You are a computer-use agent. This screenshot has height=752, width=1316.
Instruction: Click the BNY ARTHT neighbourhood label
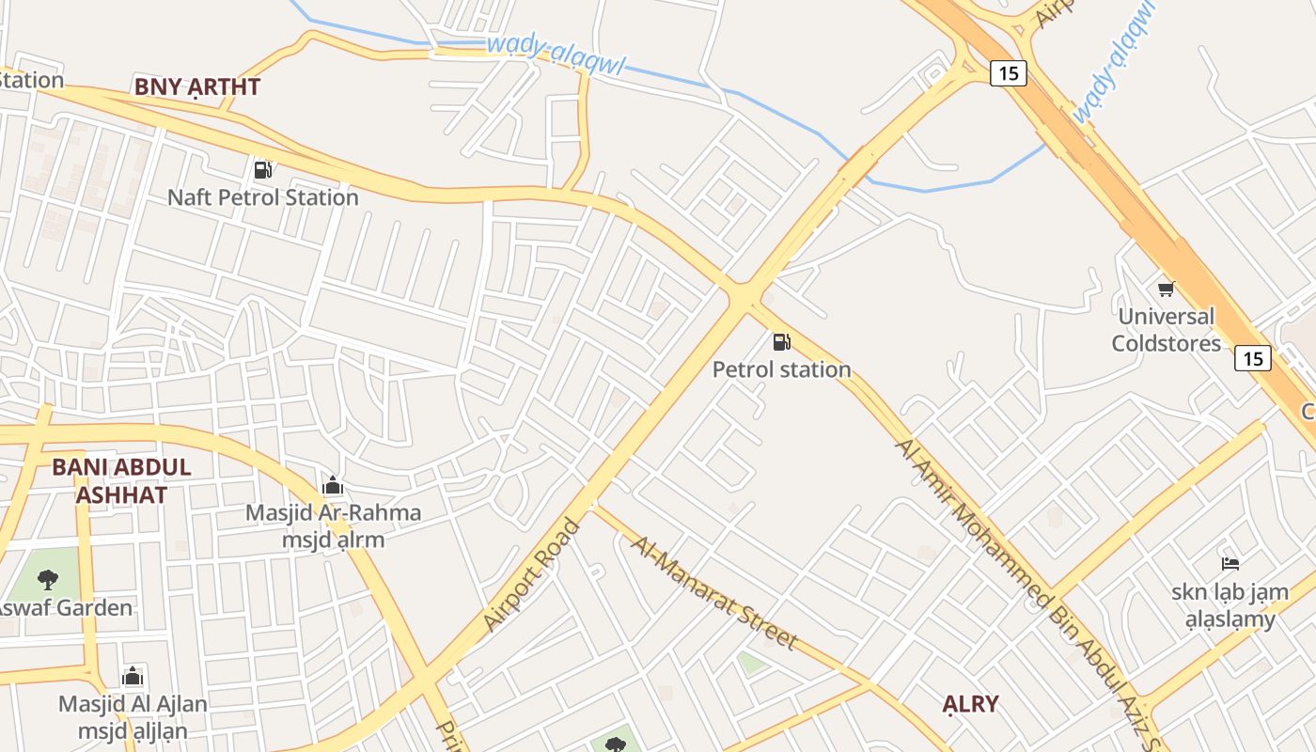[196, 87]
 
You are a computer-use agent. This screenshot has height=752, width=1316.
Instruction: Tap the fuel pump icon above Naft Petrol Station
[263, 170]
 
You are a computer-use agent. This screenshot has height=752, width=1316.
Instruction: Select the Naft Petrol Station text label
[263, 197]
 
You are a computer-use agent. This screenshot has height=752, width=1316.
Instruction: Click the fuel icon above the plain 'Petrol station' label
[781, 342]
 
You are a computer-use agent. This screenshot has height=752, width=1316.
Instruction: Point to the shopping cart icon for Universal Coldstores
[1166, 289]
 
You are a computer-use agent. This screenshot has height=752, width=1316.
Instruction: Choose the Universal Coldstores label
[1166, 329]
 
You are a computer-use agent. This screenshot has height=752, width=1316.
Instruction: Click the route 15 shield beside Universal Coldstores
[1253, 358]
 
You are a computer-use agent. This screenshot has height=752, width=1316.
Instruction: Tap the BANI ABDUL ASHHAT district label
[121, 481]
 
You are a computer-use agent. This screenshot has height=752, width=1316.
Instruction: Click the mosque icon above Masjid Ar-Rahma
[332, 486]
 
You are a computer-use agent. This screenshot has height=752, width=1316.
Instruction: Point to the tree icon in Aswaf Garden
[48, 579]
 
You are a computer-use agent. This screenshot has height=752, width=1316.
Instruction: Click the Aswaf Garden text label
[64, 608]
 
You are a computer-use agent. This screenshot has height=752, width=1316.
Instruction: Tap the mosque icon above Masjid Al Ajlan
[133, 676]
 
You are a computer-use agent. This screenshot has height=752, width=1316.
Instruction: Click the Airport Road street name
[532, 574]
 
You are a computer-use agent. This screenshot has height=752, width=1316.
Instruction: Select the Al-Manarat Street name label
[713, 593]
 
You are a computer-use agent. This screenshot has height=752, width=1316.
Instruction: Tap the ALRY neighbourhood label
[970, 704]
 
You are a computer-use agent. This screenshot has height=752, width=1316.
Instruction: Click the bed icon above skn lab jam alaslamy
[1230, 564]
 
